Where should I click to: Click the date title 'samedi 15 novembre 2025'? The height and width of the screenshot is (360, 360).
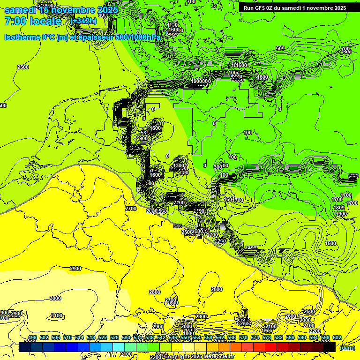[x=61, y=10]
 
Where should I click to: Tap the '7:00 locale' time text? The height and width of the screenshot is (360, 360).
[x=33, y=21]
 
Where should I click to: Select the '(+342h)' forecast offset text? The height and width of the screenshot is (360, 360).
[x=83, y=21]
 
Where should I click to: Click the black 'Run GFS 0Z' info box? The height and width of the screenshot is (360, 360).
[x=294, y=7]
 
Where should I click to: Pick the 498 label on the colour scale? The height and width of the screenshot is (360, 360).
[x=32, y=337]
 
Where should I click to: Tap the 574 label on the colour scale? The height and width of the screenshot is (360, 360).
[x=255, y=337]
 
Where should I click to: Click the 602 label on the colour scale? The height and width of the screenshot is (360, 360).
[x=337, y=337]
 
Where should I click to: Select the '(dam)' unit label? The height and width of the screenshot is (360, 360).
[x=347, y=348]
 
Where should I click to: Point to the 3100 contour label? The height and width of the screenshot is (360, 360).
[x=57, y=316]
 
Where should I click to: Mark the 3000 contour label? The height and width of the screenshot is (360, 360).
[x=55, y=298]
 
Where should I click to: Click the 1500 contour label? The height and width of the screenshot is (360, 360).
[x=330, y=243]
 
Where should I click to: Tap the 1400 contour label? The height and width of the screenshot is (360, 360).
[x=251, y=248]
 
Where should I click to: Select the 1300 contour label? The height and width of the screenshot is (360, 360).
[x=179, y=166]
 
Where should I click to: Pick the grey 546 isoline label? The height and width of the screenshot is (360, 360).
[x=177, y=226]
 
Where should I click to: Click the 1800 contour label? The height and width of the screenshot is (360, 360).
[x=339, y=208]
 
